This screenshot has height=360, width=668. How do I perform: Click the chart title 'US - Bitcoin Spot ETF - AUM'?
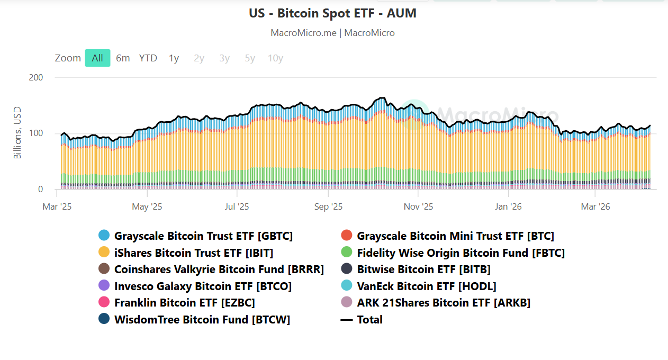332,13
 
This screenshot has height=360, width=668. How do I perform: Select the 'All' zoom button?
97,58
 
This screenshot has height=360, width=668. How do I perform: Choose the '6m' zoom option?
123,58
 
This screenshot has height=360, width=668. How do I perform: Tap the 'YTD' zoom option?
148,58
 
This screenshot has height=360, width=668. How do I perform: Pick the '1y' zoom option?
174,58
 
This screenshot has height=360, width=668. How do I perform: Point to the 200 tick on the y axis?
36,77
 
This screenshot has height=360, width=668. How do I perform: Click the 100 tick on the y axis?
36,133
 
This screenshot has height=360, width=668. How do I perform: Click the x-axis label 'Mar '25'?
57,206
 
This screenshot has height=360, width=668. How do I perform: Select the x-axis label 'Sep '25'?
328,206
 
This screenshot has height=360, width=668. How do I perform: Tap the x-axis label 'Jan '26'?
509,206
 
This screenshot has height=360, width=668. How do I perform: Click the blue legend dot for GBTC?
104,236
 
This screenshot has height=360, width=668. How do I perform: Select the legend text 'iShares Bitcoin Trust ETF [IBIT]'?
194,253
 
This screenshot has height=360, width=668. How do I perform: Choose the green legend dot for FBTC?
347,253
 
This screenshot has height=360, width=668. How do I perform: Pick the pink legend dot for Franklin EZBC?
104,303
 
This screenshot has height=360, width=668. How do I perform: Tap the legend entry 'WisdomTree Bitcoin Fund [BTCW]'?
202,320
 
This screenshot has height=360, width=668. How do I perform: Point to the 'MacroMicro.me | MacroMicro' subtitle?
332,33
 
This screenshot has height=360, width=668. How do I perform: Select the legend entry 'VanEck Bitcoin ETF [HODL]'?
426,286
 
